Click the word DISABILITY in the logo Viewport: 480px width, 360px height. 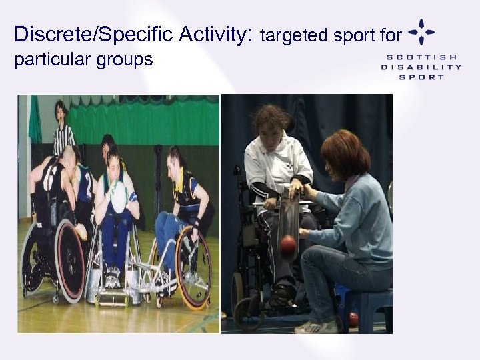click(421, 67)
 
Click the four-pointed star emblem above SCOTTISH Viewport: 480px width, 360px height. click(422, 31)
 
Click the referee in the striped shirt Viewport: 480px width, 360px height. click(63, 129)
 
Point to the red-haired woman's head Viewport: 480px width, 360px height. click(345, 151)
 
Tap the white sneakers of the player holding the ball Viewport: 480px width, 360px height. click(112, 277)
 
